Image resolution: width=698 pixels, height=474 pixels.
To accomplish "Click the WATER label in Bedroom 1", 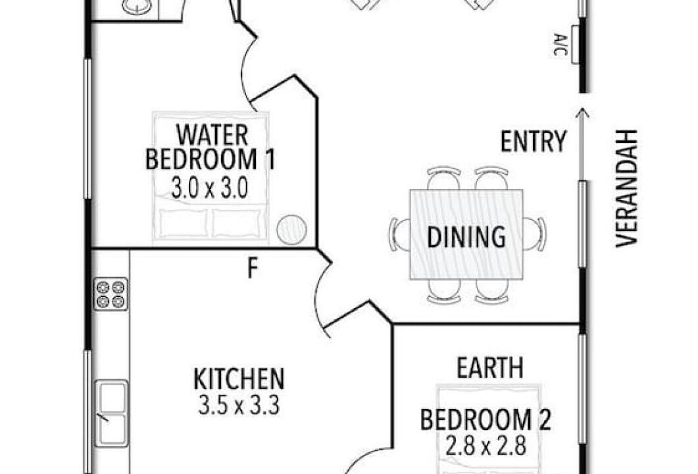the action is pos(212,135).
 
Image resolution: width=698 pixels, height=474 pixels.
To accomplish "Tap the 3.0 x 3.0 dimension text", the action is pos(209,188).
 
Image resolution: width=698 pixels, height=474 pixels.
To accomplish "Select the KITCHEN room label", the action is pos(239,379).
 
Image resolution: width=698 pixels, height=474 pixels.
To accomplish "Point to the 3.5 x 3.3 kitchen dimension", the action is pos(239,406).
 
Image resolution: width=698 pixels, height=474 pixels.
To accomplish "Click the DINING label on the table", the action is pos(466,237).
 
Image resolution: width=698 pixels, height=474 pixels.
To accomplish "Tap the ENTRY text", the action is pos(534,142).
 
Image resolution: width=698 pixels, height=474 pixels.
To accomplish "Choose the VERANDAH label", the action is pos(627,188).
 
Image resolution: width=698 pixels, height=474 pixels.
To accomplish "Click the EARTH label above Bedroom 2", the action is pos(490,368).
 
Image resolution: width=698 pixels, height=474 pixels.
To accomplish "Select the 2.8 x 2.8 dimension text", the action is pos(486,445).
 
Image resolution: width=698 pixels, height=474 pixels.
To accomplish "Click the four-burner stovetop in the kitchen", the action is pos(111,294).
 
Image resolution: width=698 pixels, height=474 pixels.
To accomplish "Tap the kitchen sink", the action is pos(112,413).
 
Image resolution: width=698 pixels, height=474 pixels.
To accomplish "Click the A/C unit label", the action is pos(560,44).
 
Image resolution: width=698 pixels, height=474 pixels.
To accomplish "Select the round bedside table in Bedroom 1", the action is pos(291,230).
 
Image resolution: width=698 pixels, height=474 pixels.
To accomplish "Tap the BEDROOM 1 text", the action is pos(210,159).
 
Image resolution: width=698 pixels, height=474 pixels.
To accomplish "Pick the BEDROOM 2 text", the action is pos(486,419).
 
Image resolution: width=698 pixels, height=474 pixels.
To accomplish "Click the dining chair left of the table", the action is pos(399,234).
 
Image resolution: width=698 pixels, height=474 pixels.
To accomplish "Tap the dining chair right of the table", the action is pos(534,234).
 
